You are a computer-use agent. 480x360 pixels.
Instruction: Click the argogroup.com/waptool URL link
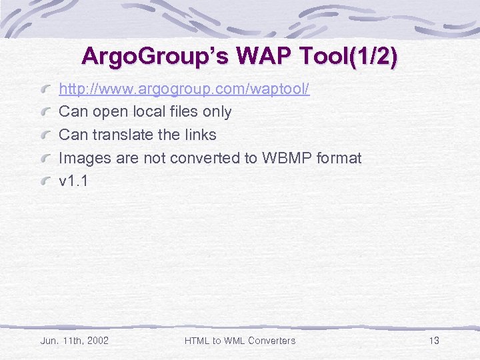[184, 89]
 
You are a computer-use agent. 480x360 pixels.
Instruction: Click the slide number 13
[434, 341]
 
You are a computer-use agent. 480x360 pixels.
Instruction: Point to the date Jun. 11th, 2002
[75, 341]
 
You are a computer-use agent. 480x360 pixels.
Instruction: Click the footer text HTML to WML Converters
[239, 341]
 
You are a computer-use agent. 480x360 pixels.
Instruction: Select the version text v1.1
[73, 181]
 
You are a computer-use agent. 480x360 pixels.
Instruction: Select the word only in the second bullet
[217, 111]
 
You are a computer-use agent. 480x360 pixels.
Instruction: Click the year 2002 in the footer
[97, 341]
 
